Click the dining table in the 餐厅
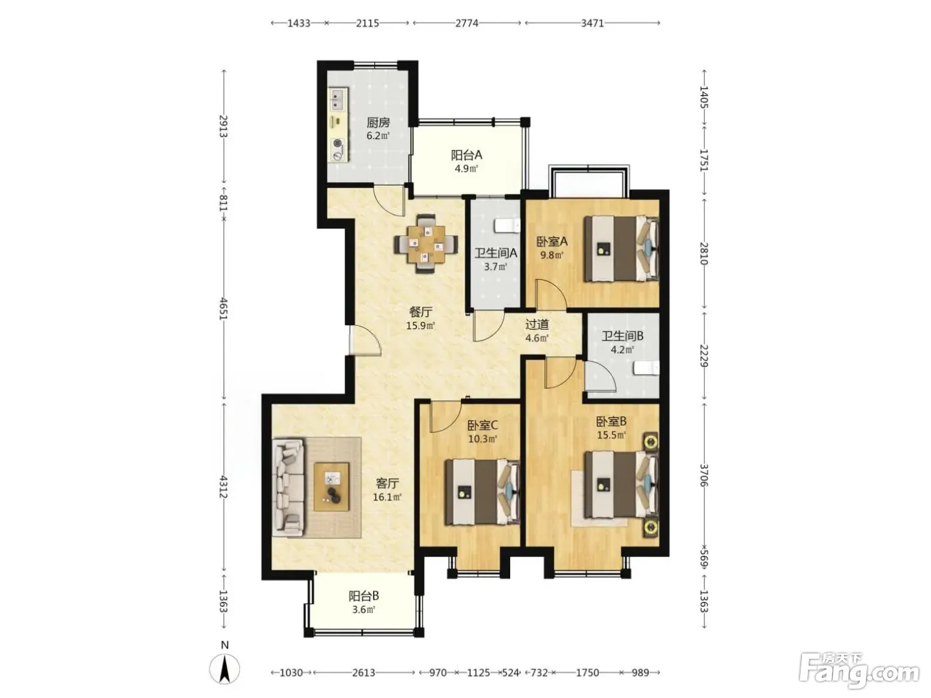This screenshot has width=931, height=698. (x=426, y=245)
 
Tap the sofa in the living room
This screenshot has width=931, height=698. (x=289, y=487)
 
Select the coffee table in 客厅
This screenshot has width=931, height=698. (x=332, y=487)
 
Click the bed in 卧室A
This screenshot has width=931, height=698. (x=621, y=249)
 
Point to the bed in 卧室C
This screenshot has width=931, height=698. (x=483, y=493)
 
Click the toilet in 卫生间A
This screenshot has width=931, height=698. (x=507, y=225)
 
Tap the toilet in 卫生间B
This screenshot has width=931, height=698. (x=646, y=368)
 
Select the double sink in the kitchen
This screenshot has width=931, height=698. (x=338, y=98)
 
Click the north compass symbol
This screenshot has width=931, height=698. (x=224, y=669)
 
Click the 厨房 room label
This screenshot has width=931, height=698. (x=378, y=122)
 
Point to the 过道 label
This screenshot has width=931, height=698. (x=537, y=324)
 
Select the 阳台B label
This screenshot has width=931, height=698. (x=364, y=596)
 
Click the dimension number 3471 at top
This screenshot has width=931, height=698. (x=592, y=23)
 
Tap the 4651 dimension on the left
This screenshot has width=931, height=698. (x=223, y=309)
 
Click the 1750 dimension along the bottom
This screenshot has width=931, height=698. (x=587, y=673)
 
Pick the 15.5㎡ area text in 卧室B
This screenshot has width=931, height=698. (x=611, y=435)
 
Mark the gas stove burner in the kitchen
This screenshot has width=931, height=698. (x=338, y=144)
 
